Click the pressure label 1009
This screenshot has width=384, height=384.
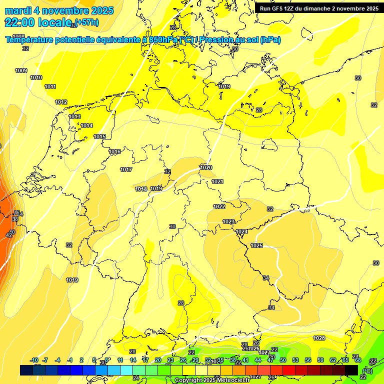tap(21, 70)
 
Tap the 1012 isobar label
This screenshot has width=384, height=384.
tap(61, 102)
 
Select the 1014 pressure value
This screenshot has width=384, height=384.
tap(86, 125)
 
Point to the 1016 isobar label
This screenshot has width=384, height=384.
tap(114, 151)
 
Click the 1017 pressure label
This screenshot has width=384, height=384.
tap(126, 169)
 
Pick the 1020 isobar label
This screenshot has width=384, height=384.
tap(206, 167)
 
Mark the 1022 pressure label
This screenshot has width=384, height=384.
tap(219, 206)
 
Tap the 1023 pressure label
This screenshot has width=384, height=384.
tap(228, 221)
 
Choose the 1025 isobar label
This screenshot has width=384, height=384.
tap(256, 245)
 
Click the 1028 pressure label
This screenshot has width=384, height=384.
tap(319, 338)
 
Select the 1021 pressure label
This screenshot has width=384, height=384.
tap(217, 181)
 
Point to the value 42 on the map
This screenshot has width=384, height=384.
tap(9, 235)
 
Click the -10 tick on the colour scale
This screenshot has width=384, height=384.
tap(34, 360)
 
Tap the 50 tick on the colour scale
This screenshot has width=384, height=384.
tap(283, 360)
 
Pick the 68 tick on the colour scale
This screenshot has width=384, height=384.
tap(358, 360)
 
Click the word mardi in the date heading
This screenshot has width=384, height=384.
tap(17, 10)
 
